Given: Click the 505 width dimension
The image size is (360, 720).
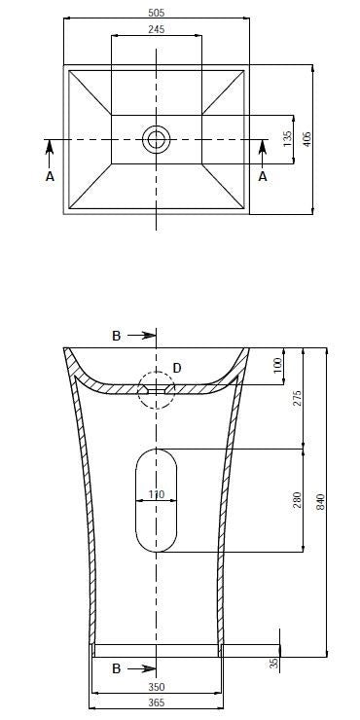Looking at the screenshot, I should coord(157,14).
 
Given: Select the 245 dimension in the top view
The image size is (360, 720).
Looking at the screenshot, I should coord(157,30).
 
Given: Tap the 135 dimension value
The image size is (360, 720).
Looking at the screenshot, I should coord(287,139).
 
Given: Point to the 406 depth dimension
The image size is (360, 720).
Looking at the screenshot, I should coord(307,139).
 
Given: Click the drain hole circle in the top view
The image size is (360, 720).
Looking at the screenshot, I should coord(156,139).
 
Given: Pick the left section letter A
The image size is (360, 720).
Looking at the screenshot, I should coord(50,176).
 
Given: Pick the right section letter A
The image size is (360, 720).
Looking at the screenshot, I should coord(263,176).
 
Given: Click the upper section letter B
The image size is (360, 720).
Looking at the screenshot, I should coord(116,336).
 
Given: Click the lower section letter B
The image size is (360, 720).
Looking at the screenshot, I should coord(116,668).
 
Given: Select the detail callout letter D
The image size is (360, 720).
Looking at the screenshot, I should coord(176,367).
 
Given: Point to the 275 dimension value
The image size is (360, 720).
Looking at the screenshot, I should coord(298,398).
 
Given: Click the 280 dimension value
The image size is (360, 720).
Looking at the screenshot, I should coord(298,500).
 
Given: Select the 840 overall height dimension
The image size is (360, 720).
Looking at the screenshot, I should coord(320,502).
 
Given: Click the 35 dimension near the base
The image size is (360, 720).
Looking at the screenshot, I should coord(273,662).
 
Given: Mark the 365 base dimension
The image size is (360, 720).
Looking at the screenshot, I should coord(156,702).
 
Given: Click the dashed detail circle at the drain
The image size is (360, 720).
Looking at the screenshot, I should coord(156,389).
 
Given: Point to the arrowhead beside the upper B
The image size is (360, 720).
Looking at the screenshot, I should coord(149,336).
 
